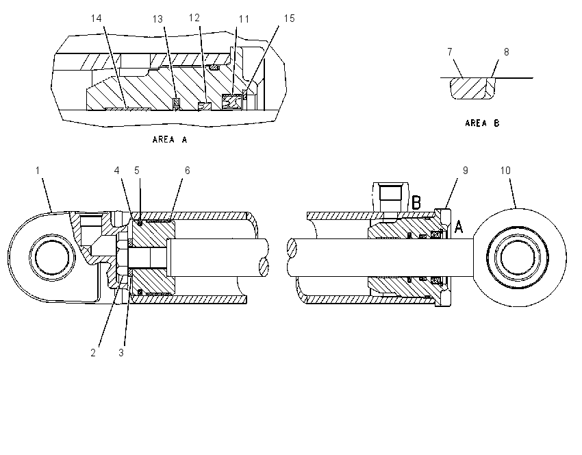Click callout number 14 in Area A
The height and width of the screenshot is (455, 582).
96,19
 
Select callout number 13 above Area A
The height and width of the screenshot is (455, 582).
157,19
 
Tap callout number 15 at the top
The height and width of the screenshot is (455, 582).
289,19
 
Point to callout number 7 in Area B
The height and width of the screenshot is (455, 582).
450,51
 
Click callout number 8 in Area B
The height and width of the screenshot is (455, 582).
506,52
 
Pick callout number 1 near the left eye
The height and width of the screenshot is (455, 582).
38,171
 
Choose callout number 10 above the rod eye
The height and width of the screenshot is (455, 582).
505,171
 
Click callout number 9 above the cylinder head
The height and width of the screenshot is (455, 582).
466,171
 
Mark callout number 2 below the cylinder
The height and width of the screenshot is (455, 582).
93,353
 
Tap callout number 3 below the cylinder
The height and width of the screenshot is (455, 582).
121,353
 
